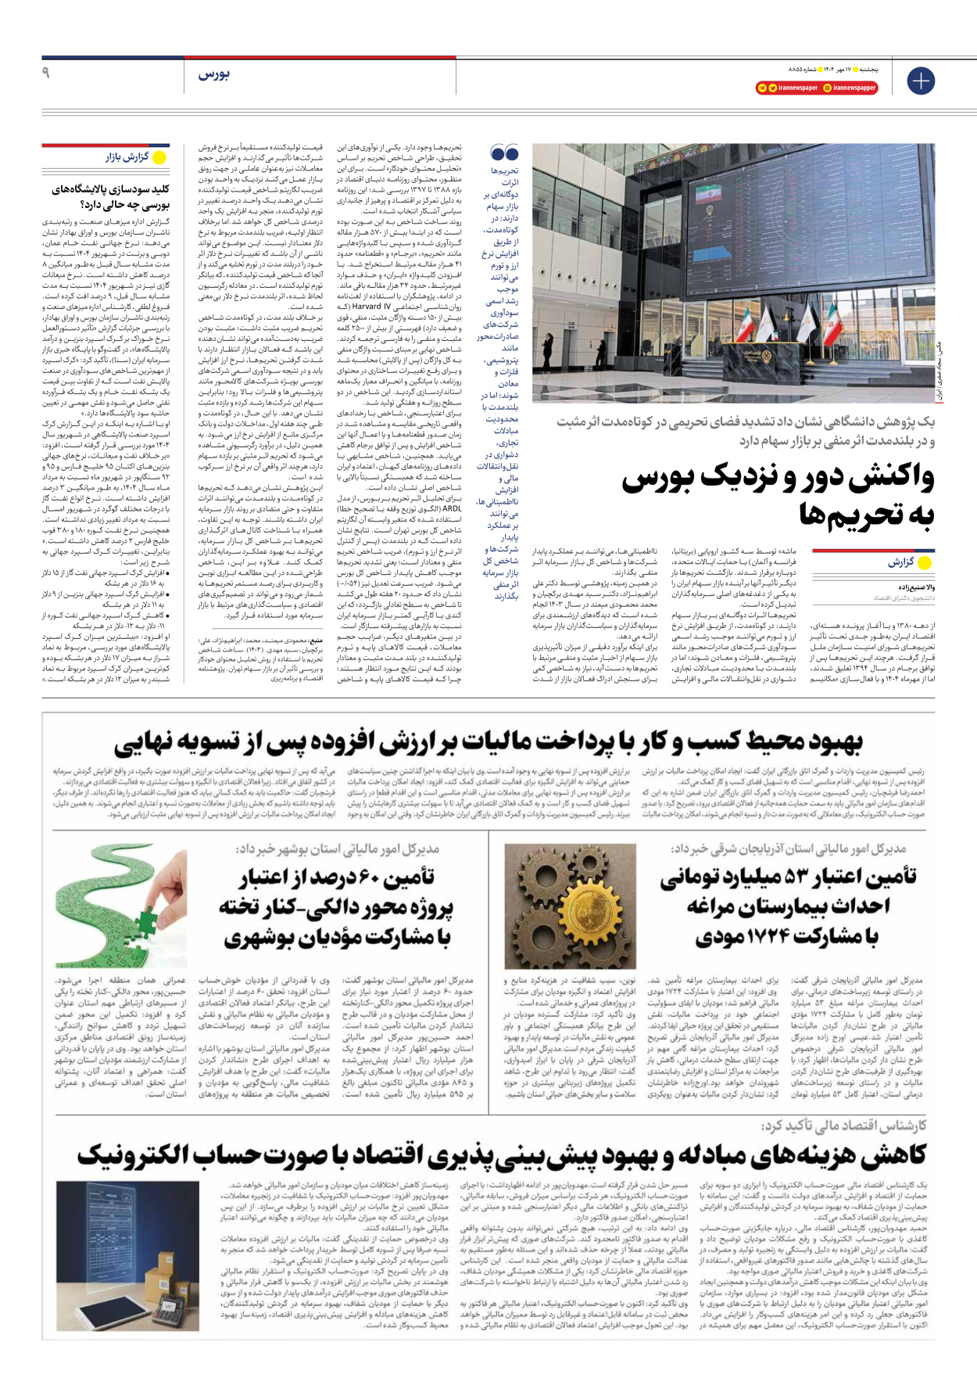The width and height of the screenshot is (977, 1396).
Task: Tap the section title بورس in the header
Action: (213, 74)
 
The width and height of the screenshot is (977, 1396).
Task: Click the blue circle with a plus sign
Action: (921, 81)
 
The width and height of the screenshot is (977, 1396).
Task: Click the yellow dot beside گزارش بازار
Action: (159, 157)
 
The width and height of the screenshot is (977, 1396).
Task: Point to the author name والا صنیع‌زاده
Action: (915, 587)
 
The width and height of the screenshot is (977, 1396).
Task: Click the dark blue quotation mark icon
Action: (504, 153)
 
